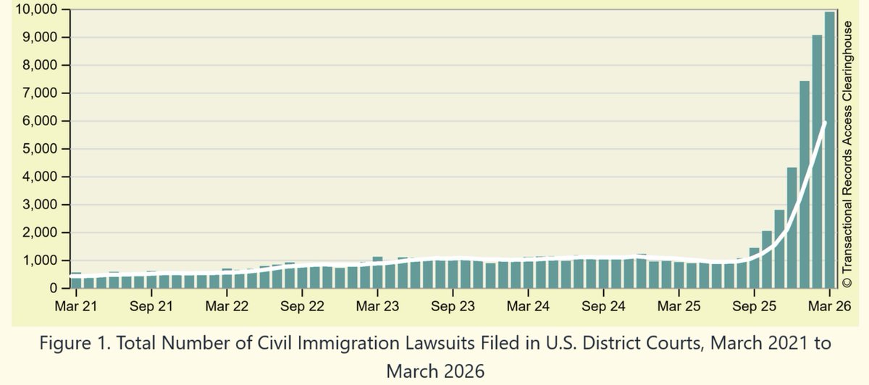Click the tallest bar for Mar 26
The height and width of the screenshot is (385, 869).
click(829, 150)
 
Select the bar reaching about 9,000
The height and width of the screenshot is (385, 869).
click(817, 161)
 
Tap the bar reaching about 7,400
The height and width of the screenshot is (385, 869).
click(805, 185)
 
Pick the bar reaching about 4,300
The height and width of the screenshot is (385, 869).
click(792, 227)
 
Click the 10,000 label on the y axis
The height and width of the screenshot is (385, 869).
click(36, 9)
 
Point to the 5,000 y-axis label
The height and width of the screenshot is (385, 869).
click(40, 149)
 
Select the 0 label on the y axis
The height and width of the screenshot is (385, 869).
click(53, 288)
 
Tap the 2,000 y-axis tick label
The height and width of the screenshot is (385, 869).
click(40, 232)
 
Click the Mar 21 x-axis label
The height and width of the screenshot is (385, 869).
click(76, 306)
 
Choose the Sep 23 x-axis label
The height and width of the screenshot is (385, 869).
click(453, 306)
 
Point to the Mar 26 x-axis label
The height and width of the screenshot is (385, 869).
click(829, 306)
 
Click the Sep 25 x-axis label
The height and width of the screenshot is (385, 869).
click(754, 306)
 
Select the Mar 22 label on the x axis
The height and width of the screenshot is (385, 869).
click(227, 306)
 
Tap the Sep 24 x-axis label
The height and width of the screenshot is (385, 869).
click(603, 306)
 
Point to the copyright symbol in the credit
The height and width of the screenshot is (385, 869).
click(847, 282)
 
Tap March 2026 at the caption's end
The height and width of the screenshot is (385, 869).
click(435, 371)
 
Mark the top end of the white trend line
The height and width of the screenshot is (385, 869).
click(825, 123)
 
